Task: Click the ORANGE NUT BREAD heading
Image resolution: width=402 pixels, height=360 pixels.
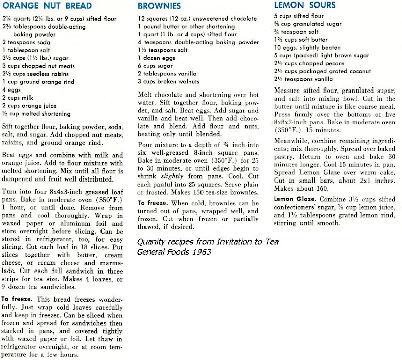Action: (x=47, y=6)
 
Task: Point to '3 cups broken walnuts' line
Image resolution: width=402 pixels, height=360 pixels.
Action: (x=169, y=81)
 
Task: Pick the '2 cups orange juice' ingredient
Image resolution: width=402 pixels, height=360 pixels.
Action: (x=29, y=105)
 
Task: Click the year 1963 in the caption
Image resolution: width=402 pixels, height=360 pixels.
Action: (x=203, y=252)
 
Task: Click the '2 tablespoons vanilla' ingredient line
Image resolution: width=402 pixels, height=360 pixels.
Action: (x=168, y=74)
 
